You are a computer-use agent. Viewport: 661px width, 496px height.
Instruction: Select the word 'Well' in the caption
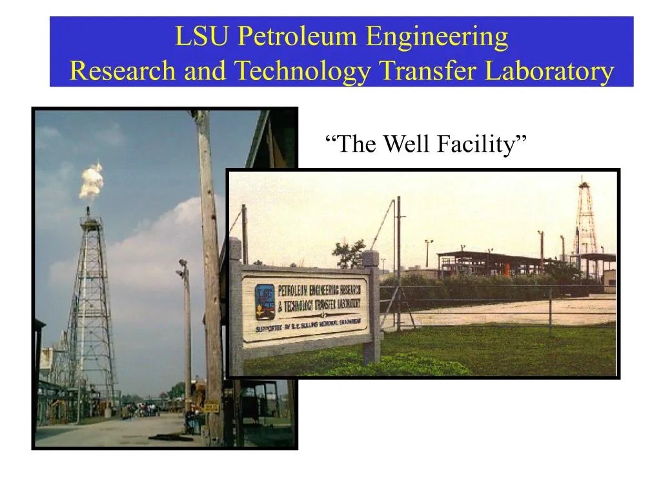point(407,144)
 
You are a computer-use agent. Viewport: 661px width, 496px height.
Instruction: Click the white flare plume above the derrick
point(91,180)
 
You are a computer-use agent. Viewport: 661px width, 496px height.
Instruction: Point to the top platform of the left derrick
point(91,222)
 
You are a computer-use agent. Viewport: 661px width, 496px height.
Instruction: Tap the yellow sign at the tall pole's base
point(212,408)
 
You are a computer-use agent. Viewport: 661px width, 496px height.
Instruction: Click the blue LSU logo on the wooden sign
point(264,302)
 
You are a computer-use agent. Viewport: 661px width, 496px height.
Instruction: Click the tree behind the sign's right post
point(349,254)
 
